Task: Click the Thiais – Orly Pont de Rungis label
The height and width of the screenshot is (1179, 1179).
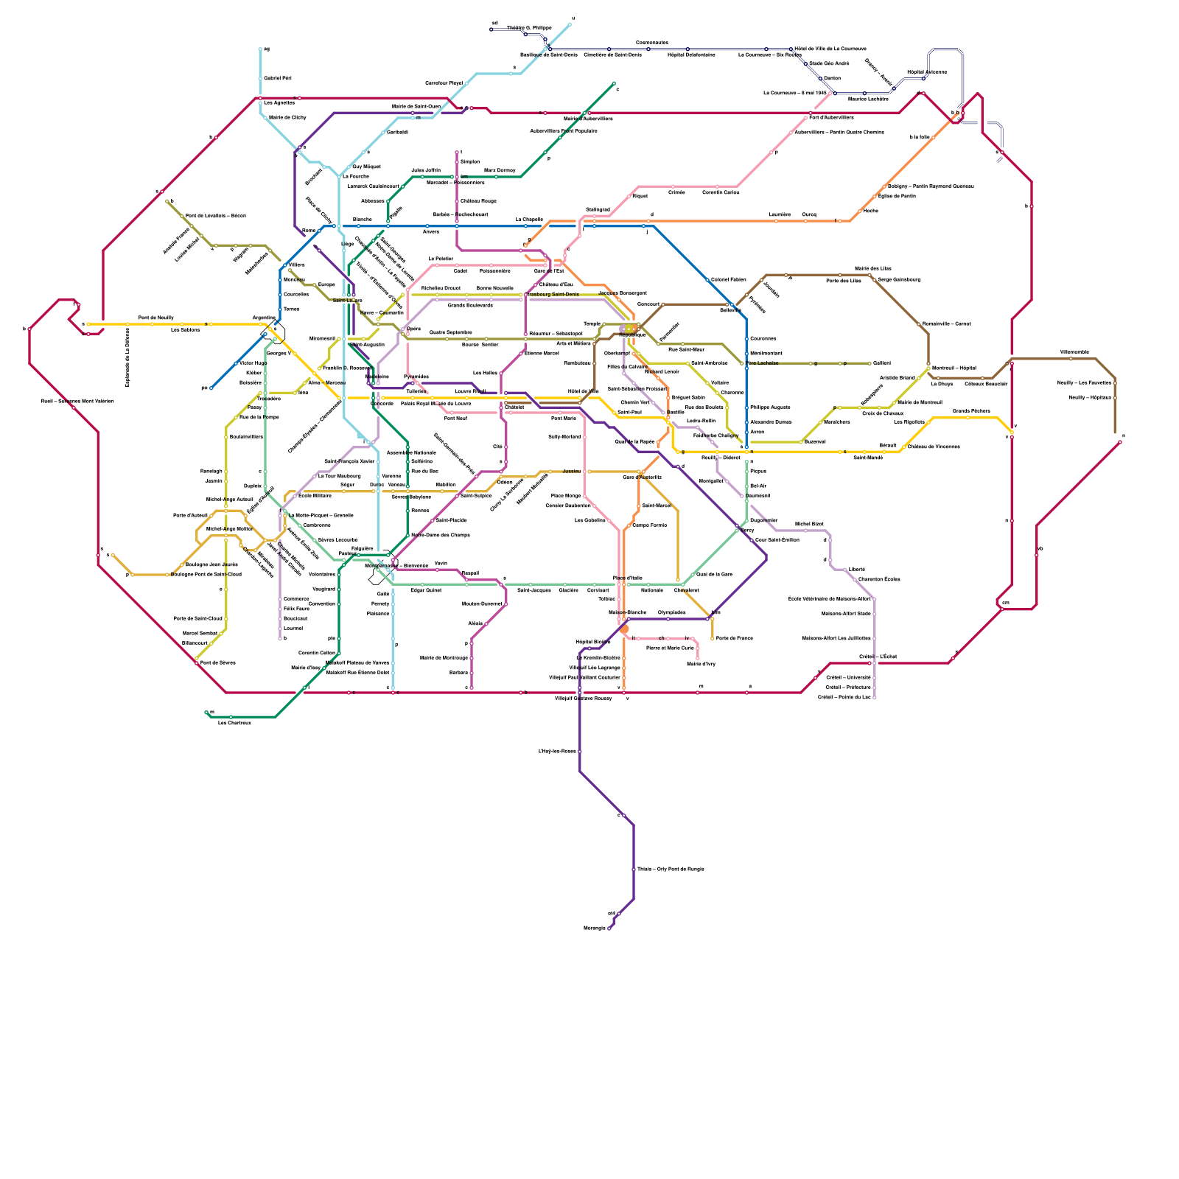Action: (671, 870)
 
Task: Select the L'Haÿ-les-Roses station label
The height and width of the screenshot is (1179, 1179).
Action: (557, 752)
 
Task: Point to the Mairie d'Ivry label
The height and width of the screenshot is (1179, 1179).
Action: (701, 665)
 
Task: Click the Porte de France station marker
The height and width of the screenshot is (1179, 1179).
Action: (713, 638)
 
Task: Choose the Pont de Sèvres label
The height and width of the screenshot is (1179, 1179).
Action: (218, 663)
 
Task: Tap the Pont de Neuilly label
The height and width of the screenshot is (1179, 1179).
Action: (156, 318)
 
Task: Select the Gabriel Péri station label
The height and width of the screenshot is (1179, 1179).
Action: (278, 78)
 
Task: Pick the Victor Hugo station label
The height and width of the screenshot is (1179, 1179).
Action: (253, 363)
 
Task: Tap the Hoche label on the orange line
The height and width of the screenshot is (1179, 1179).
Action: (870, 211)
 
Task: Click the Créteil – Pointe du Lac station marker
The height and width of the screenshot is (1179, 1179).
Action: (875, 697)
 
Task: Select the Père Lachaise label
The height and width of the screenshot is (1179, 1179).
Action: (763, 363)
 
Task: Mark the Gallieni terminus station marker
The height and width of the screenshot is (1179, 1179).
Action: (870, 363)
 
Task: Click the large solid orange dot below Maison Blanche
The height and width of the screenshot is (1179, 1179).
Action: (624, 629)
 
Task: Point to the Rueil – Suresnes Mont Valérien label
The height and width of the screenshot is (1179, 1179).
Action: (77, 402)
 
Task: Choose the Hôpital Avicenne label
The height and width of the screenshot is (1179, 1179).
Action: (926, 72)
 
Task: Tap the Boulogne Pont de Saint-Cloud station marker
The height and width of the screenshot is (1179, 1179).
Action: (168, 575)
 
